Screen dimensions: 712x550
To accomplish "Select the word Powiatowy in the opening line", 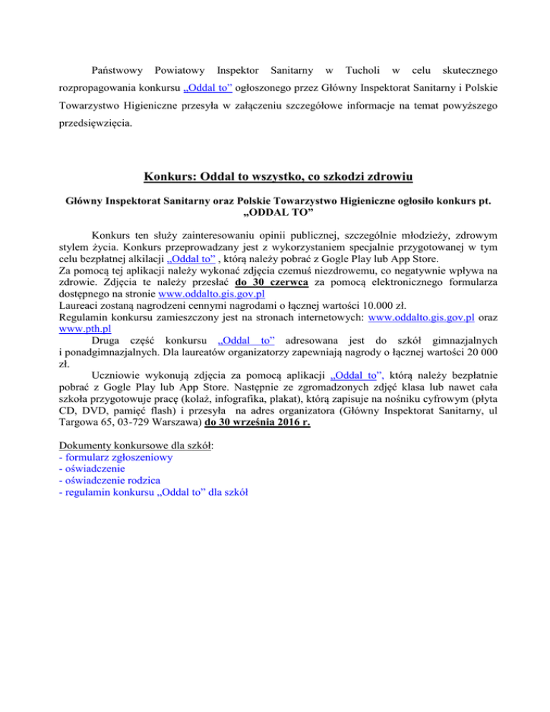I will (177, 72).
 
